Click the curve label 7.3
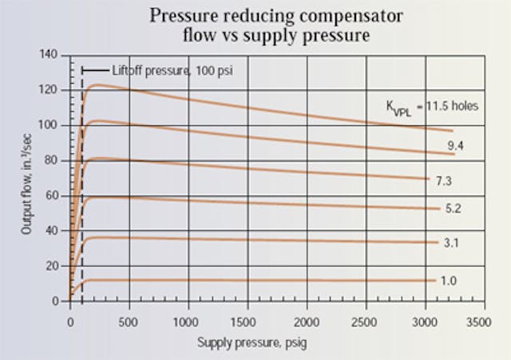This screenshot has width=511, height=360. pyautogui.click(x=443, y=181)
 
